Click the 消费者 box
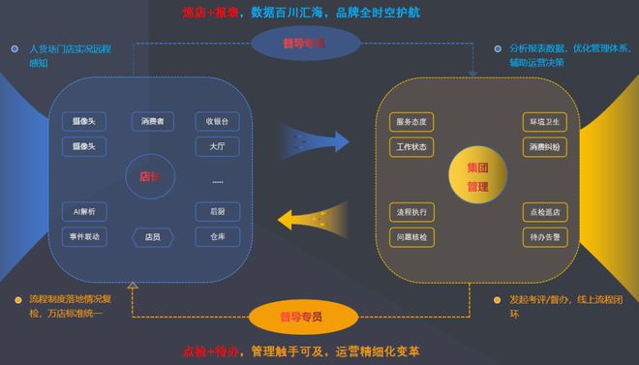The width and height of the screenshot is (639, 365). (x=153, y=122)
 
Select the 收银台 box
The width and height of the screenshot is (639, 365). (x=217, y=122)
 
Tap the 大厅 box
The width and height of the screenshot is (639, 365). (x=217, y=147)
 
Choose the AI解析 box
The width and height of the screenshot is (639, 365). (x=84, y=211)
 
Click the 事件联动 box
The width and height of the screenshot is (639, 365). (x=84, y=236)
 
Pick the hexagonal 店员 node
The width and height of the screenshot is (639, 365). (x=153, y=236)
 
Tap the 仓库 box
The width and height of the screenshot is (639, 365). (x=217, y=236)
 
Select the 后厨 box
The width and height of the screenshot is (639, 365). (x=217, y=211)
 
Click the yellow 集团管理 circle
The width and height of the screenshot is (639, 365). (x=478, y=176)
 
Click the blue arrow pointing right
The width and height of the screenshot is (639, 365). (x=314, y=139)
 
